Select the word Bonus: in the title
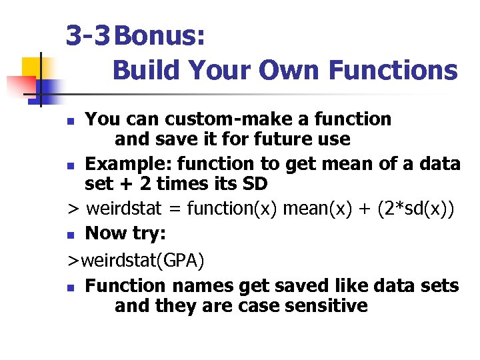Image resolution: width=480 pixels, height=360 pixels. pyautogui.click(x=159, y=36)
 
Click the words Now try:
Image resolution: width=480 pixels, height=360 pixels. pyautogui.click(x=126, y=233)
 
